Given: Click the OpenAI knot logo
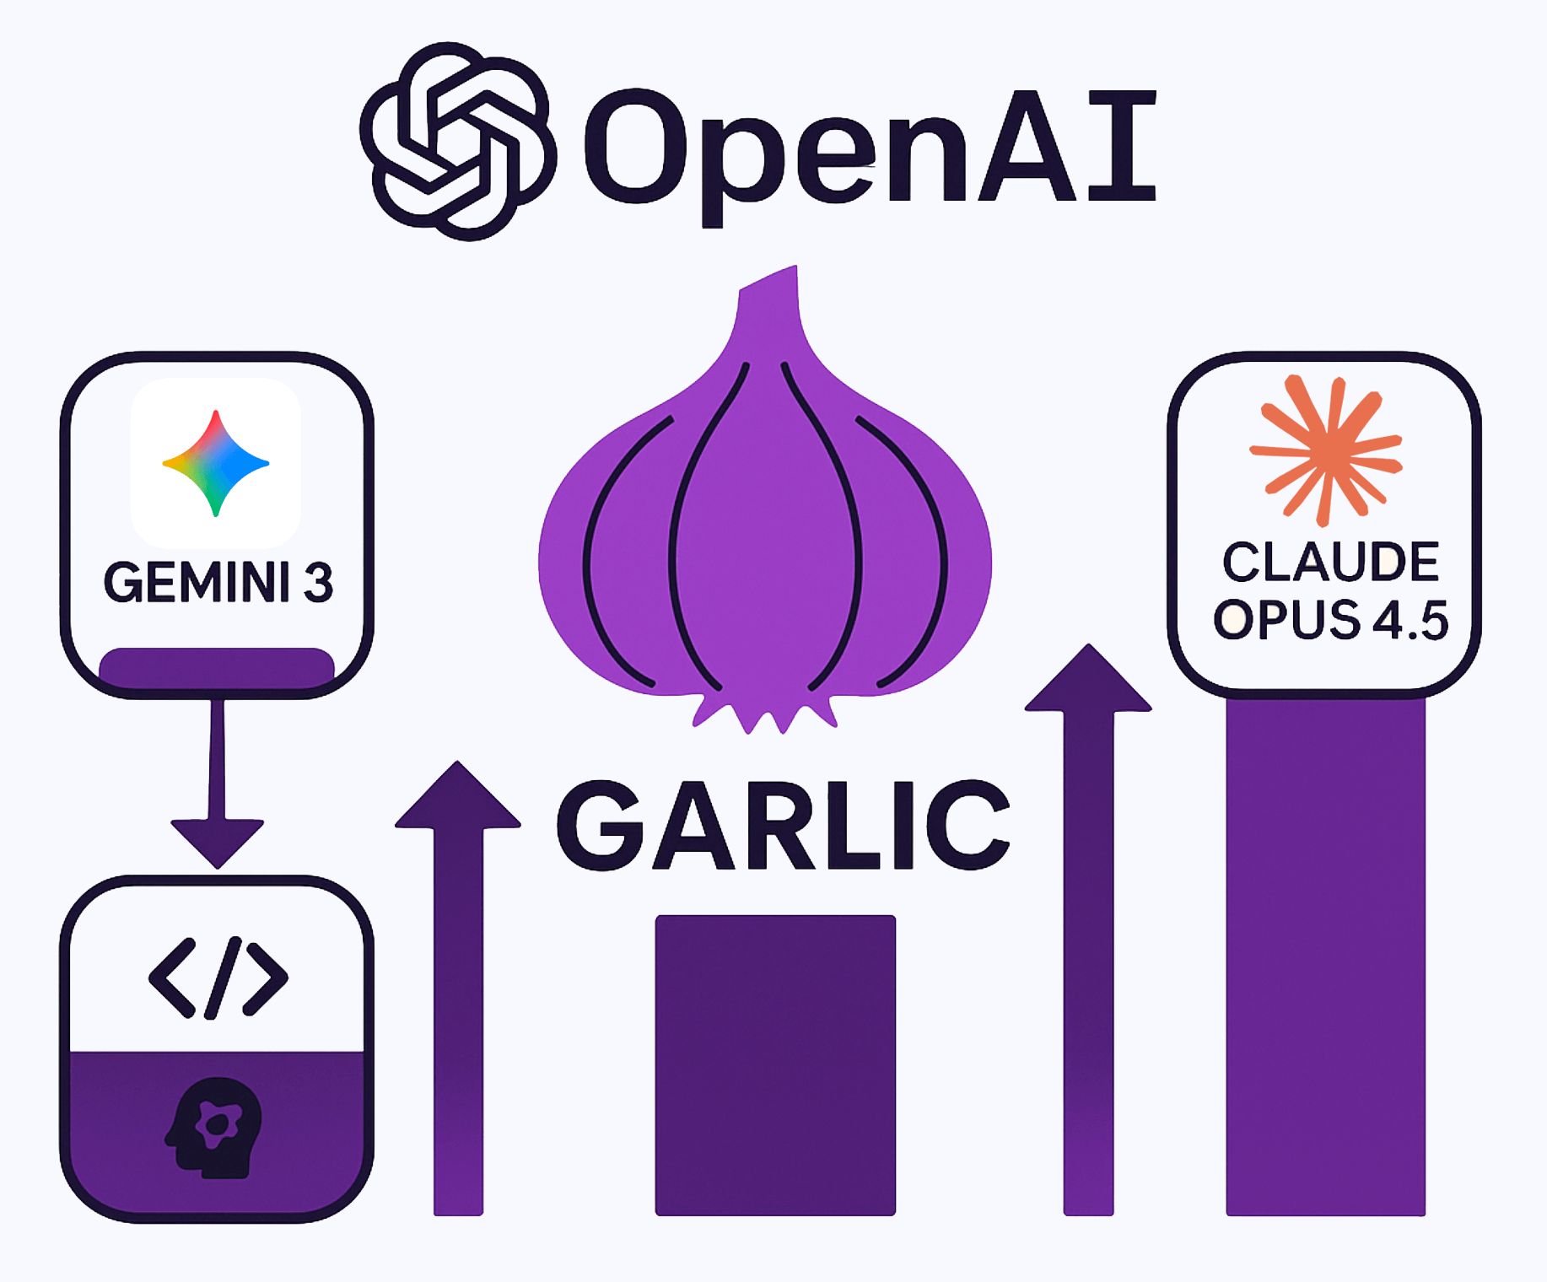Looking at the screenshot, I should point(458,142).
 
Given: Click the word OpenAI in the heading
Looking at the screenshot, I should point(869,148).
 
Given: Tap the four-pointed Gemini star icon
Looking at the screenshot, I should point(216,463).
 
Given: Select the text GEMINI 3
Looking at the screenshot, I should point(218,582).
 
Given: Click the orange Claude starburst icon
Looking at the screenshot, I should point(1326,450).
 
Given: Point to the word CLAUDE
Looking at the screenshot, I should point(1330,563).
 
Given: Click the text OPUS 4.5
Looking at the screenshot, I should point(1330,620).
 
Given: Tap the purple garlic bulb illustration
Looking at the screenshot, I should point(764,540).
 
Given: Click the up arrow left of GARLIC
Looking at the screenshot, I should point(458,970).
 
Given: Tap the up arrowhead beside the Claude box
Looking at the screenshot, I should point(1088,680).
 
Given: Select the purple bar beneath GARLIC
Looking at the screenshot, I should point(775,1064).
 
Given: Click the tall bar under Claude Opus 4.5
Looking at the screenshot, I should point(1325,953).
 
